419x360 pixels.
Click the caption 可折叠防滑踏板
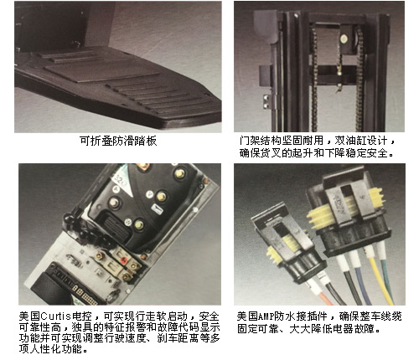click(118, 141)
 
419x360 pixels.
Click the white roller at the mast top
click(344, 39)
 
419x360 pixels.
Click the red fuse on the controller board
click(123, 260)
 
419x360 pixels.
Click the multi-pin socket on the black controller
click(116, 229)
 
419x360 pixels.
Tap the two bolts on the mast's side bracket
click(266, 101)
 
